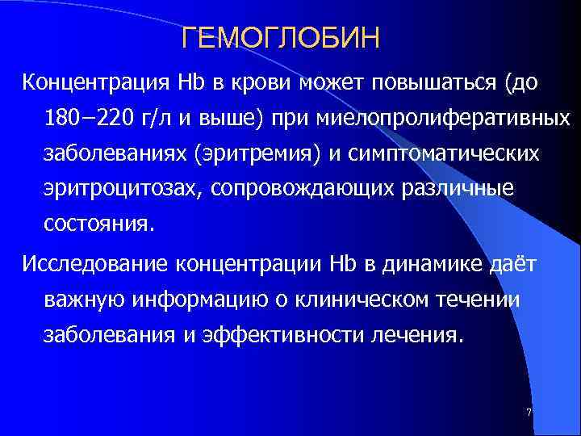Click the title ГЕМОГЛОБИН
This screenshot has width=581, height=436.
coord(281,39)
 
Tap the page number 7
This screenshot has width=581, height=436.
coord(529,413)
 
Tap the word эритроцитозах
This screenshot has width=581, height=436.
coord(115,187)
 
